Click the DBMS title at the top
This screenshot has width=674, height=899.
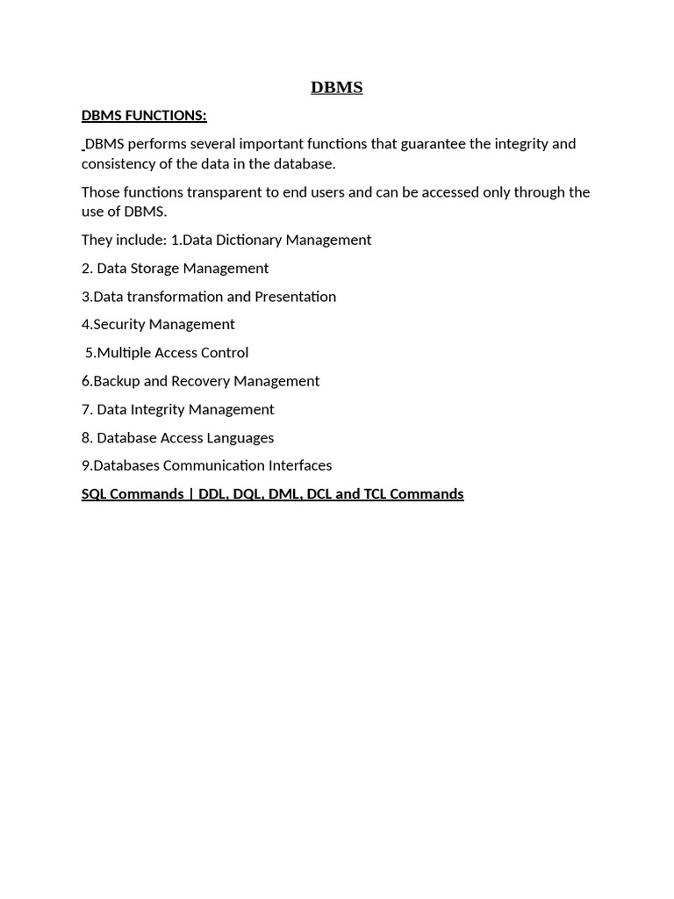coord(336,87)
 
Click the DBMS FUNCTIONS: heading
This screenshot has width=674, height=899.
coord(144,115)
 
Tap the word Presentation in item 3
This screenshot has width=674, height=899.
coord(295,296)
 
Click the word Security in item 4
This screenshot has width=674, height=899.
coord(119,324)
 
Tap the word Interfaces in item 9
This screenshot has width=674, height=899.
coord(300,465)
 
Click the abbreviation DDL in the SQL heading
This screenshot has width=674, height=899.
coord(212,493)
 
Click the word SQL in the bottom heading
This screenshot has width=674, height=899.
coord(94,493)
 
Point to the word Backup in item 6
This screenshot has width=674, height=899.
coord(114,380)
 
